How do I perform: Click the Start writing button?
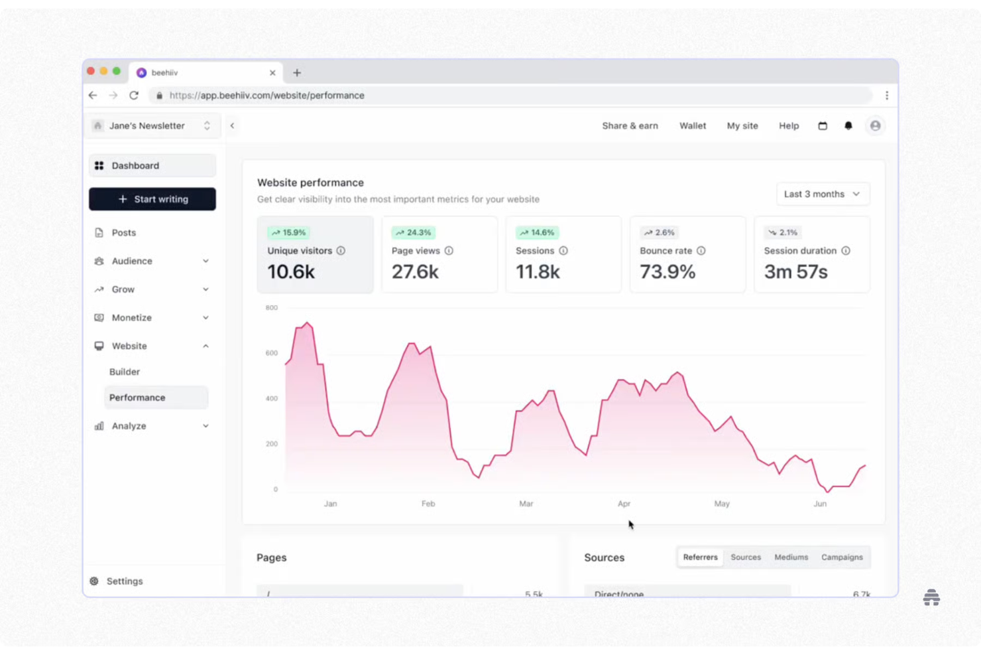(x=152, y=199)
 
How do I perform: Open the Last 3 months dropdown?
(x=822, y=194)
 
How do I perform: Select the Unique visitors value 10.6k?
(x=291, y=272)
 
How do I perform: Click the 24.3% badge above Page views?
(x=413, y=232)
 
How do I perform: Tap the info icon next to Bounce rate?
(x=701, y=251)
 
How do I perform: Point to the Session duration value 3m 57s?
(x=795, y=272)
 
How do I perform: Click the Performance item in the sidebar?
(x=137, y=398)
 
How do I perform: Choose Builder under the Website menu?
(x=125, y=372)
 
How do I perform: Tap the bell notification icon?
(x=848, y=125)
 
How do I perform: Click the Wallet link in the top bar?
(x=693, y=125)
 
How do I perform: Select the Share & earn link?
(x=630, y=125)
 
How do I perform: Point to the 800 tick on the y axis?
(x=271, y=308)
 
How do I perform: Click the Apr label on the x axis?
(x=624, y=504)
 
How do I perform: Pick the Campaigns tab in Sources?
(x=842, y=557)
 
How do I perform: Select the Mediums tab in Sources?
(x=791, y=557)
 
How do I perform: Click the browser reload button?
(x=134, y=96)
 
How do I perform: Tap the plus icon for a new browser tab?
(x=297, y=73)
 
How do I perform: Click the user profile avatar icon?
(x=875, y=125)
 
